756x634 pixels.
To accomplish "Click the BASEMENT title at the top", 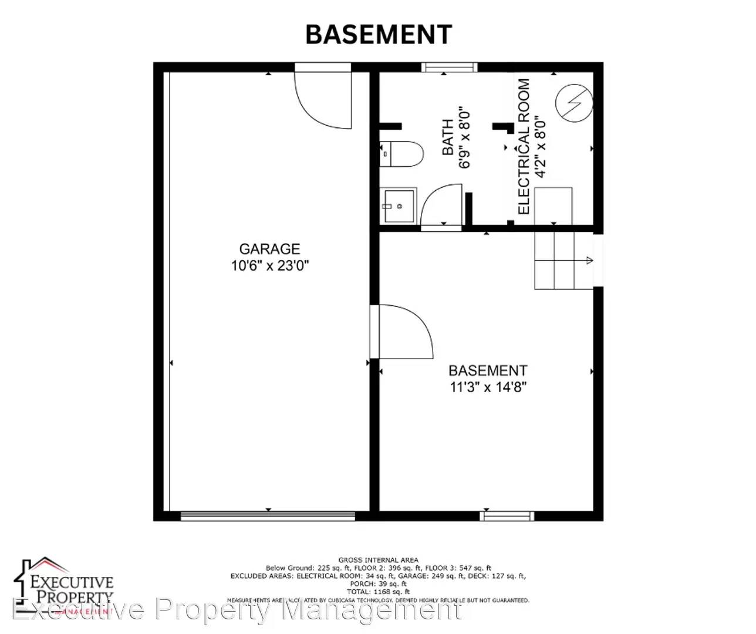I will tap(379, 35).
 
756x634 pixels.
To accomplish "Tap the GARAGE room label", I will tap(269, 249).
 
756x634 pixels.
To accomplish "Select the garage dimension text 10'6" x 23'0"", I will tap(269, 265).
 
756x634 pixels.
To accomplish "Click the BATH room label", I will tap(448, 137).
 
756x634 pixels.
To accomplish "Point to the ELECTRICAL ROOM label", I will tap(524, 147).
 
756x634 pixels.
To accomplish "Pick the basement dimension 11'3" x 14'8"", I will tap(488, 387).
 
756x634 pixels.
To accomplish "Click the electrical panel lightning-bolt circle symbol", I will tap(574, 103).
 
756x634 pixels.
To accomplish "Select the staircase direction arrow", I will tap(588, 261).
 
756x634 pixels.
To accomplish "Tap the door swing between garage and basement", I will tap(405, 332).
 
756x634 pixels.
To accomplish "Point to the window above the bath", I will tap(449, 68).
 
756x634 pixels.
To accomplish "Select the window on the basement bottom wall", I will tap(507, 516).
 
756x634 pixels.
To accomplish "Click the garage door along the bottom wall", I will tap(268, 516).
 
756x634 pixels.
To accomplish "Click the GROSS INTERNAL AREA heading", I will tap(378, 560).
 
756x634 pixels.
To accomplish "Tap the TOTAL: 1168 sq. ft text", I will tap(378, 592).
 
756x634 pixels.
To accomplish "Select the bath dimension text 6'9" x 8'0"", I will tap(465, 137).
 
